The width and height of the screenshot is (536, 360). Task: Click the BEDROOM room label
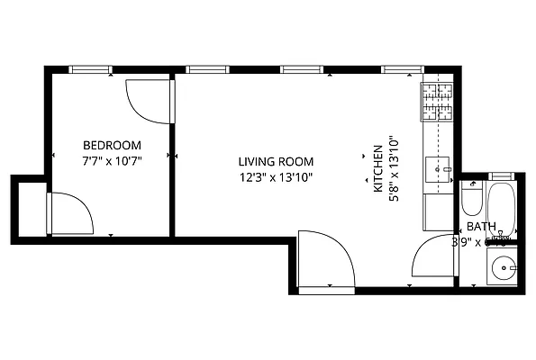coord(112,145)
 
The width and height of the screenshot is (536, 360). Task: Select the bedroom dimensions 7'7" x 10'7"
coord(112,161)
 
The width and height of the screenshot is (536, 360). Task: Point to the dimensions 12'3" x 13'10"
coord(275,177)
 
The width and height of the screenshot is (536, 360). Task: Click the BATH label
coord(480,227)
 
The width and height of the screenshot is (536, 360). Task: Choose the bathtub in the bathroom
coord(500,212)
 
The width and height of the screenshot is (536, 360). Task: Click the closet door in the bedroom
coord(69,216)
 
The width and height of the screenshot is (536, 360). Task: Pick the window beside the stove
coord(399,68)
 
